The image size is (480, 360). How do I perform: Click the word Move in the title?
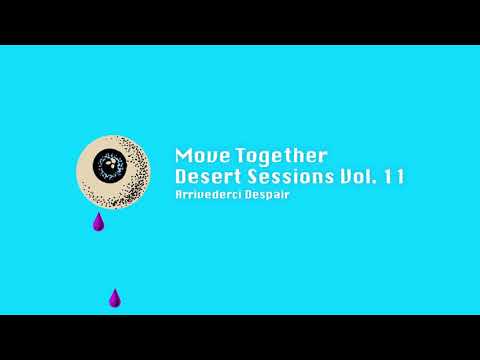click(197, 156)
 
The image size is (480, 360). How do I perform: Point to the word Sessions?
click(289, 177)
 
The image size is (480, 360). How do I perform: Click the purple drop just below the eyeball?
click(98, 223)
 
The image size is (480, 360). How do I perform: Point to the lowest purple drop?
click(115, 298)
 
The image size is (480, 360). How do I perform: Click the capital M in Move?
click(182, 156)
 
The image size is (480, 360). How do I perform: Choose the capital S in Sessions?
click(252, 177)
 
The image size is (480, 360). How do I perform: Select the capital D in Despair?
click(247, 195)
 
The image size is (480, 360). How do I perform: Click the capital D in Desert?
click(181, 177)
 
